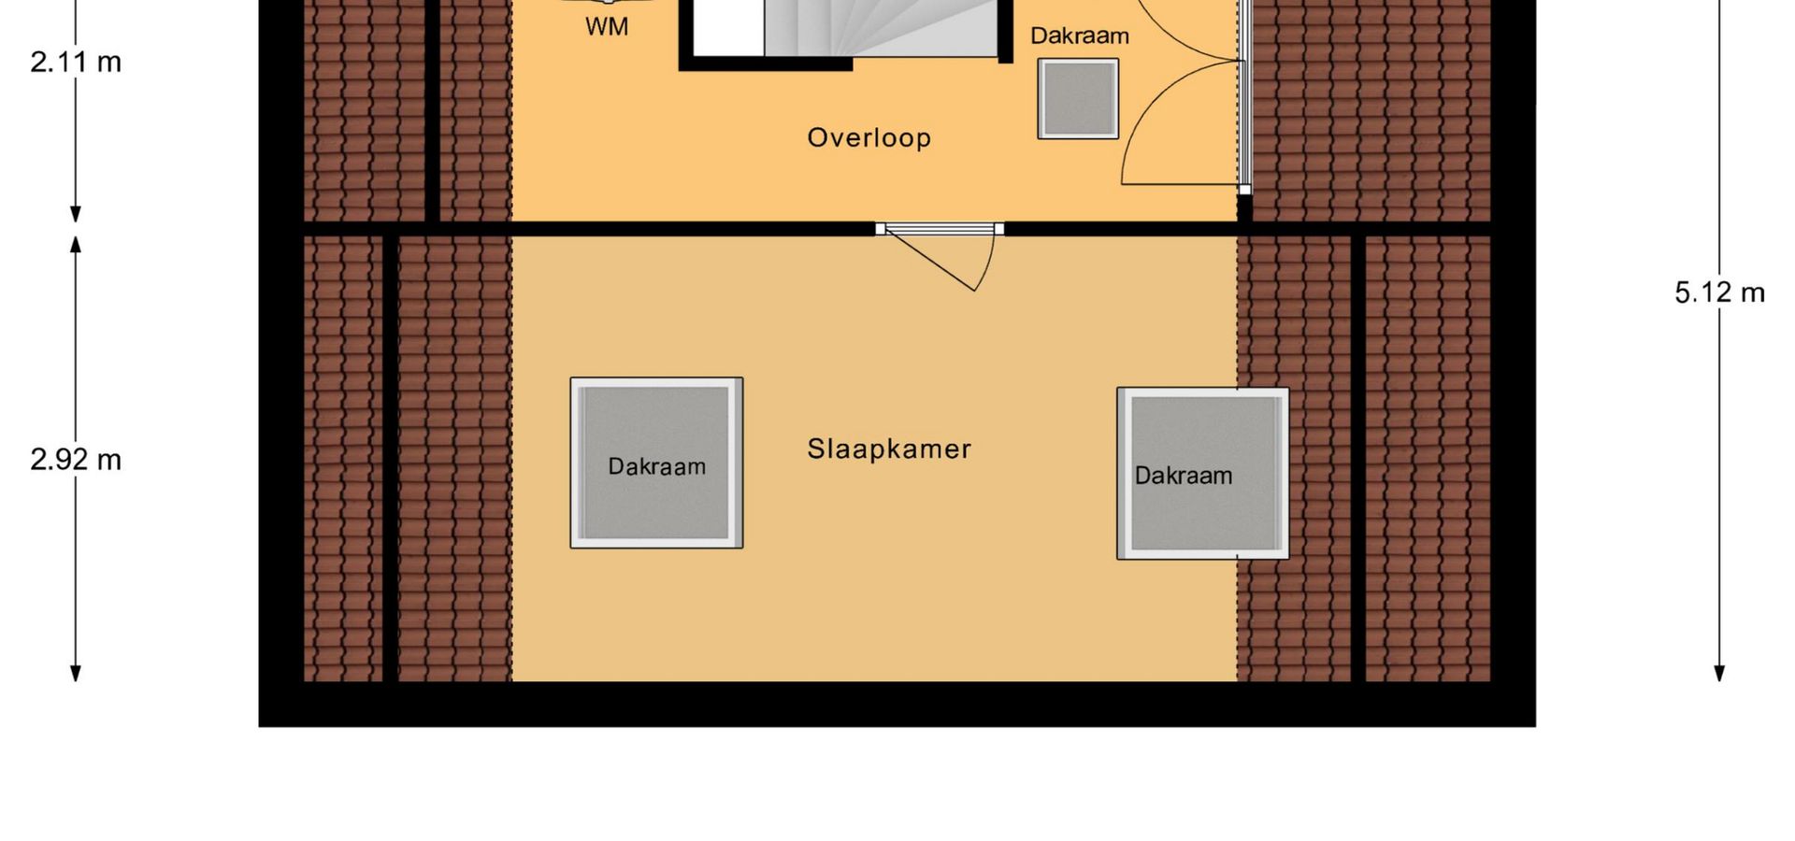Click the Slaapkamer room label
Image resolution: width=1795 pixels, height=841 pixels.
889,449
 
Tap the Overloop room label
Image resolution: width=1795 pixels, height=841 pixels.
869,138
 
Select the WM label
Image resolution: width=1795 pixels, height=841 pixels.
607,27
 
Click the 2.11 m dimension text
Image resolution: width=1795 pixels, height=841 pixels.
76,62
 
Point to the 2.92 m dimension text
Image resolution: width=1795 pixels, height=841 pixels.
76,460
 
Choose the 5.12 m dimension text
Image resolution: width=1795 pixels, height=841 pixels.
1719,293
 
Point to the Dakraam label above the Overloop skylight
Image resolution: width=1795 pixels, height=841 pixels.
1080,36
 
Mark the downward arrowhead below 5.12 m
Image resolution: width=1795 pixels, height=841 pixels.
1719,673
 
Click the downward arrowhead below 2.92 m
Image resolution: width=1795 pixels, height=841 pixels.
76,673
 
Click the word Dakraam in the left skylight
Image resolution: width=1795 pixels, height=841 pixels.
656,466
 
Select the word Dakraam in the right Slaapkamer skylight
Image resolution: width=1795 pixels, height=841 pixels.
1184,476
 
